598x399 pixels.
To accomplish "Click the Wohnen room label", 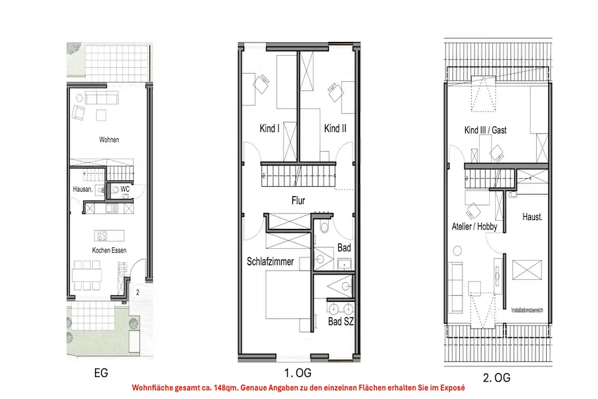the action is coord(109,140).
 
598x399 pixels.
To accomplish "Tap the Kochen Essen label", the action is coord(109,251).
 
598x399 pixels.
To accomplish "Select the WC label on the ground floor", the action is coord(125,189).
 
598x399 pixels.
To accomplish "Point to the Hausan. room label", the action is coord(82,189).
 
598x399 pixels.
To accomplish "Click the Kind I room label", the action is coord(270,128).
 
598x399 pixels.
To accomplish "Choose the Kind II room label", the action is coord(336,128).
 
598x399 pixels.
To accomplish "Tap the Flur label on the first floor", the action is coord(298,200).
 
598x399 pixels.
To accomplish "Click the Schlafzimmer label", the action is coord(270,261).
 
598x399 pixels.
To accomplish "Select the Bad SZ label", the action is coord(341,321).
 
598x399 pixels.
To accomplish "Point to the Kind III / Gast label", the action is coord(486,130).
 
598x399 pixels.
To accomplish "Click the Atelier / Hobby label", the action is coord(474,226).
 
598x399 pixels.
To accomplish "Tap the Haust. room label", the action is coord(532,217).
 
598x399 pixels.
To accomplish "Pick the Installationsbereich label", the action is coord(527,310).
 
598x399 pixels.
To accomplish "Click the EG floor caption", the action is coord(101,373).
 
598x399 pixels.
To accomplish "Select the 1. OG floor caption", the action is coord(298,372).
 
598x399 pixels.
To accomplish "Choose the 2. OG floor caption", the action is coord(496,378).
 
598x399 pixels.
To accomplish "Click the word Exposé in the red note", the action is coord(452,388).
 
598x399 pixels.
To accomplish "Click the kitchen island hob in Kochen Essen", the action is coord(102,235).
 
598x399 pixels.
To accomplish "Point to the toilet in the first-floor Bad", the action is coord(324,227).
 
